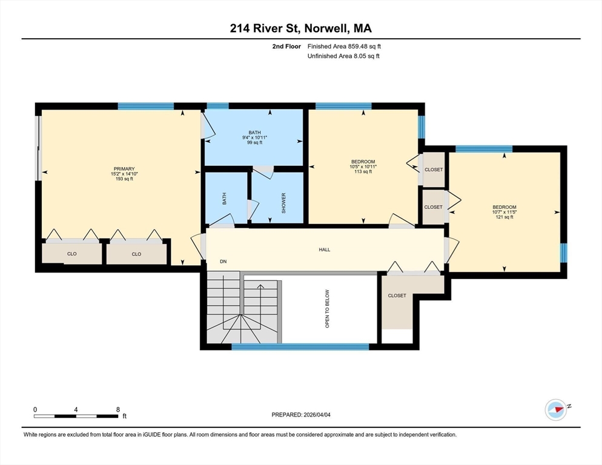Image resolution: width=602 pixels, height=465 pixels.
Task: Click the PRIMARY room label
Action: (x=124, y=168)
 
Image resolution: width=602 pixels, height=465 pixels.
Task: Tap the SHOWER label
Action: (x=283, y=203)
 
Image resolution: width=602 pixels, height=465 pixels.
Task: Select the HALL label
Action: (x=325, y=249)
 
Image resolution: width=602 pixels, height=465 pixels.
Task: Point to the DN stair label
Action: (x=223, y=262)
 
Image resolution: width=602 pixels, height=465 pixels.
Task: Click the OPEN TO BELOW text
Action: (x=327, y=309)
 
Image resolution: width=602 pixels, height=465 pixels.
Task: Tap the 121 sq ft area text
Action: (x=504, y=217)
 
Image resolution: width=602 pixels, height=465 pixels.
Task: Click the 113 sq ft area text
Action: (x=363, y=171)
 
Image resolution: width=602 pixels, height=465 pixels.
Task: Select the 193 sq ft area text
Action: (x=124, y=179)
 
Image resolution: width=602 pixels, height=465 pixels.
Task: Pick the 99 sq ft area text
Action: (x=254, y=142)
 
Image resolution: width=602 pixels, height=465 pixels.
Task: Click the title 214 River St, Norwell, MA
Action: (x=300, y=28)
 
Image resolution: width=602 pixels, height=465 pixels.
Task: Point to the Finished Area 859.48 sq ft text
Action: (x=344, y=47)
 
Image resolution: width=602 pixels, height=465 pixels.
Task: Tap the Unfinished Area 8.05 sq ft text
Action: (x=343, y=56)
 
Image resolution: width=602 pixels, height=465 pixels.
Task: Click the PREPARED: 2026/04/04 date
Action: (x=301, y=415)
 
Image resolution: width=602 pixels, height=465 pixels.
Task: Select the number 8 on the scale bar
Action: (x=118, y=409)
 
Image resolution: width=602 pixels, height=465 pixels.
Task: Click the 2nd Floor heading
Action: (x=286, y=47)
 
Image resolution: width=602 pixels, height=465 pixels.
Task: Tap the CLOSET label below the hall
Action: (x=397, y=295)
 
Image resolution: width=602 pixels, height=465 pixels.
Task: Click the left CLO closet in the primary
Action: (x=72, y=254)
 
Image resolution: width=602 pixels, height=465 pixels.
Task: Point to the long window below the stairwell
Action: (x=300, y=347)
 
